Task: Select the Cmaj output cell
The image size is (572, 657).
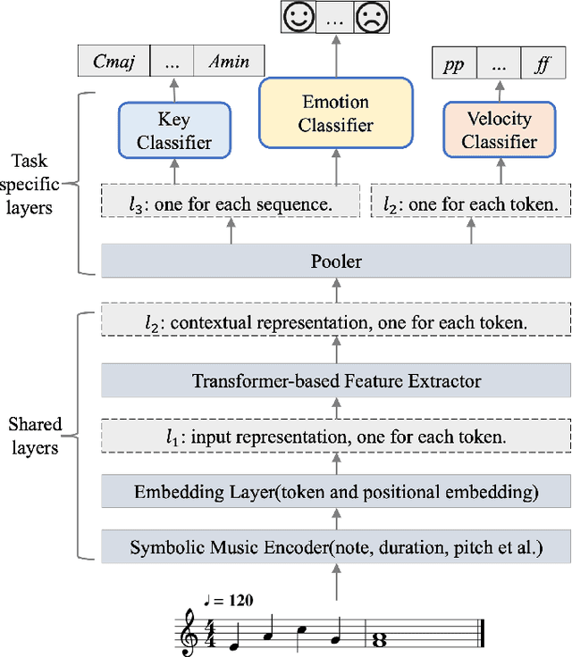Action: pyautogui.click(x=121, y=62)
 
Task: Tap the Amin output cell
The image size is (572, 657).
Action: pyautogui.click(x=229, y=62)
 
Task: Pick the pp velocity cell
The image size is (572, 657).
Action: pyautogui.click(x=454, y=64)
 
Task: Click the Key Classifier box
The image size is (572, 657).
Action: pyautogui.click(x=174, y=130)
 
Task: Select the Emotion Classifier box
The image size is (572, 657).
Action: pyautogui.click(x=336, y=113)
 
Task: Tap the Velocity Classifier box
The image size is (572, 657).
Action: pyautogui.click(x=499, y=130)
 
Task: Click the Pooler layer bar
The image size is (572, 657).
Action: pyautogui.click(x=336, y=262)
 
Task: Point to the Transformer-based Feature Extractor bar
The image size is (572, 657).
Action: pyautogui.click(x=336, y=381)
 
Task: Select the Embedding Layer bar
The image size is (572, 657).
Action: pyautogui.click(x=336, y=492)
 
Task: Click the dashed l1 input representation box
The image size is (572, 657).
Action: pyautogui.click(x=336, y=437)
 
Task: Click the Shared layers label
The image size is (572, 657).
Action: pyautogui.click(x=35, y=435)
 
